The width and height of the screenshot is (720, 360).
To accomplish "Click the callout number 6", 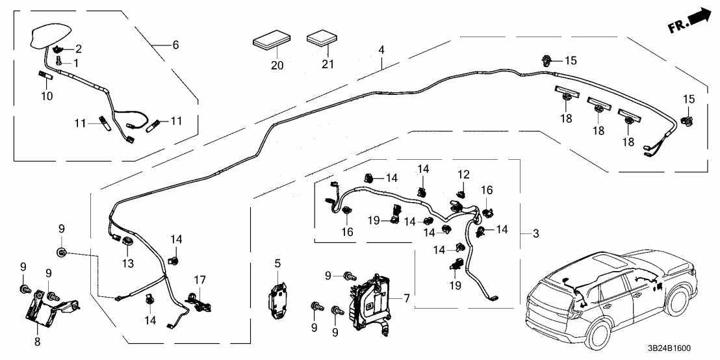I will click(x=175, y=45).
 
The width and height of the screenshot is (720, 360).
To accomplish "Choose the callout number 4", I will click(x=381, y=50).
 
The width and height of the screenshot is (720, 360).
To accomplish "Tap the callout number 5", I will click(x=277, y=264).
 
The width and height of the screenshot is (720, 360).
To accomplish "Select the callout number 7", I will click(x=406, y=298).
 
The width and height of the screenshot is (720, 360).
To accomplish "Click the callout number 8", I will click(x=36, y=341).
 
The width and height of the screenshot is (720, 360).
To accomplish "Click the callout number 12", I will click(x=463, y=175).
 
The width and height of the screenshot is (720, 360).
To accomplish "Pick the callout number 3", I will click(x=535, y=233).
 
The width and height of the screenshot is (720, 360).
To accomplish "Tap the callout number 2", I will click(x=79, y=49).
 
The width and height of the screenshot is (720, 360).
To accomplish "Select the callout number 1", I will click(x=75, y=63).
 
